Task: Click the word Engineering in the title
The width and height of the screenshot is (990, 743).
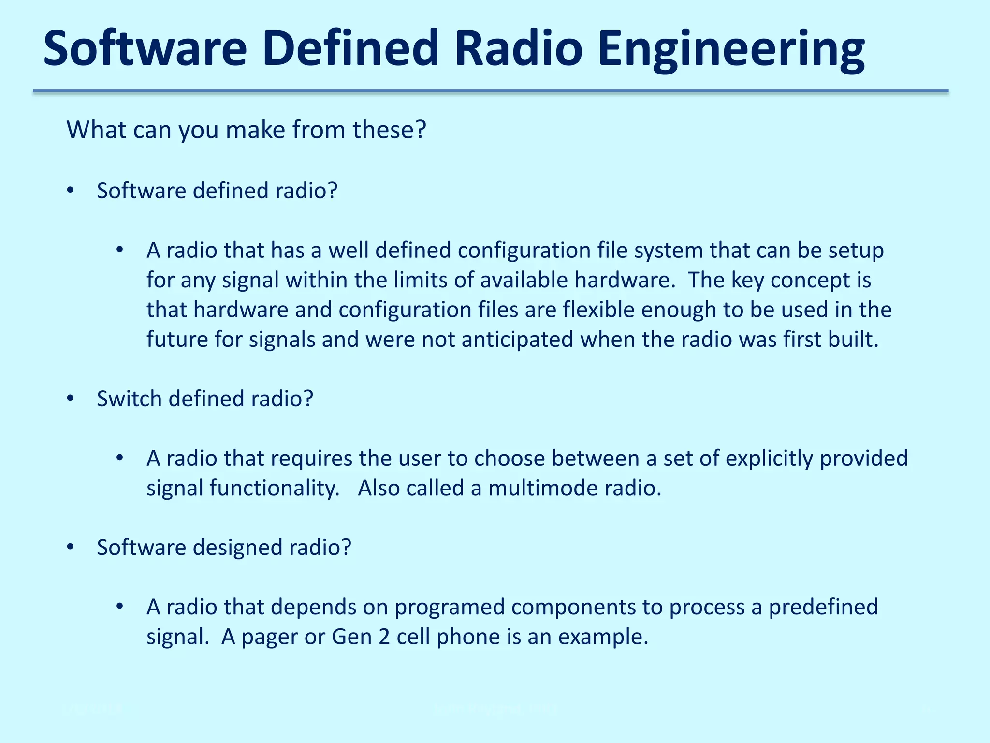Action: click(730, 49)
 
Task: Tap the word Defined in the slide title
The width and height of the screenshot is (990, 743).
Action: click(350, 48)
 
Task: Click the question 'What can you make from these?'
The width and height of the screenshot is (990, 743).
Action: click(246, 130)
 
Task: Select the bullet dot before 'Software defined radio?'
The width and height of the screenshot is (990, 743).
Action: click(71, 191)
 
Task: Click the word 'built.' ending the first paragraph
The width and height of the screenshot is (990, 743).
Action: click(853, 340)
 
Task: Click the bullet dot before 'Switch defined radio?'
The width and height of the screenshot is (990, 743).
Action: click(71, 399)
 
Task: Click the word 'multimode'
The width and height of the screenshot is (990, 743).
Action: click(543, 488)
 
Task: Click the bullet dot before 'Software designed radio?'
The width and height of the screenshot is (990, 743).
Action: click(71, 547)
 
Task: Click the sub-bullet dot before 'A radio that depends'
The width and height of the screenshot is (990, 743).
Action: click(120, 607)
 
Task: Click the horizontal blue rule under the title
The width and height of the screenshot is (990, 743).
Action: click(490, 91)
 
